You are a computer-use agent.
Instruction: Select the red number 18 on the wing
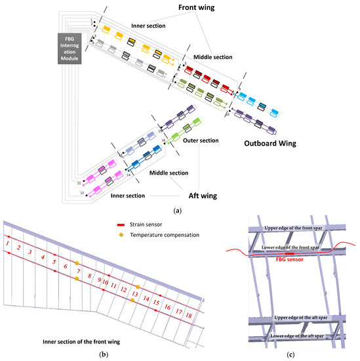(189, 316)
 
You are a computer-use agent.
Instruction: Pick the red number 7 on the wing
(78, 271)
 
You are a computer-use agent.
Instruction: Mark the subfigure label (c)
(290, 355)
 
